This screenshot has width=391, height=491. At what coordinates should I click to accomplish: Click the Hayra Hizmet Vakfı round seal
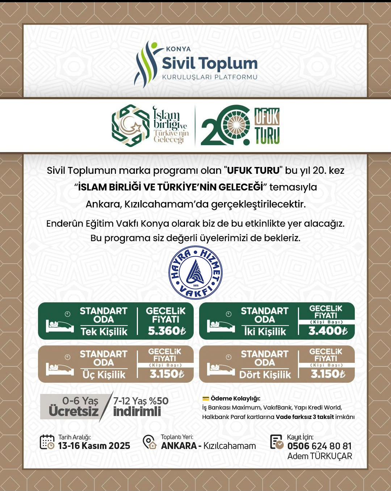(195, 273)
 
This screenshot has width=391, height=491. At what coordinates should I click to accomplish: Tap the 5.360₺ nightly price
(167, 331)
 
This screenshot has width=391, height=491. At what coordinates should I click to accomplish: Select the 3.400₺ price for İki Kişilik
(328, 331)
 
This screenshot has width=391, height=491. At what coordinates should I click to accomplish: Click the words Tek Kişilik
(104, 332)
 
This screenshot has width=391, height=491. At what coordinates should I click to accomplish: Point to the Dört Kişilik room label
(265, 375)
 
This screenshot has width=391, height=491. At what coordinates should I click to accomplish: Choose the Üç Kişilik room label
(104, 375)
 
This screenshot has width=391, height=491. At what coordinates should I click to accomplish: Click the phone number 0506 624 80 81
(319, 446)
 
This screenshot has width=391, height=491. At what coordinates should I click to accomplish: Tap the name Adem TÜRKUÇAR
(319, 456)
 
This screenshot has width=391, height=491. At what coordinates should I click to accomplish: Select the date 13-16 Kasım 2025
(94, 446)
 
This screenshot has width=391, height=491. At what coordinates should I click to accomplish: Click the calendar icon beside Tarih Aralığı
(47, 442)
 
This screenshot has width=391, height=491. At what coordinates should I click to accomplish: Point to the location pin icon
(149, 442)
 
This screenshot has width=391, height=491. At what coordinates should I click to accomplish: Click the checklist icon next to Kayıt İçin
(277, 442)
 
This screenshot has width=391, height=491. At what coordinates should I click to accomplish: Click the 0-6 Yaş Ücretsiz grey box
(74, 406)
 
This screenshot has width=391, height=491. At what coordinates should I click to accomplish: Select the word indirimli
(137, 412)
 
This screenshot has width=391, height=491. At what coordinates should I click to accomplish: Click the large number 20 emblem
(225, 125)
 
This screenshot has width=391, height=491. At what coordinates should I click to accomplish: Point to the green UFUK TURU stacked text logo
(267, 126)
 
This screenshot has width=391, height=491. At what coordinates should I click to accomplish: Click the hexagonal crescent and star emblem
(131, 126)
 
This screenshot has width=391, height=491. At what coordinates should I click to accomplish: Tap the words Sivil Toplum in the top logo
(210, 63)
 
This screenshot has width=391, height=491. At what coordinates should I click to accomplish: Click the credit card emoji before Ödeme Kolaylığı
(206, 399)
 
